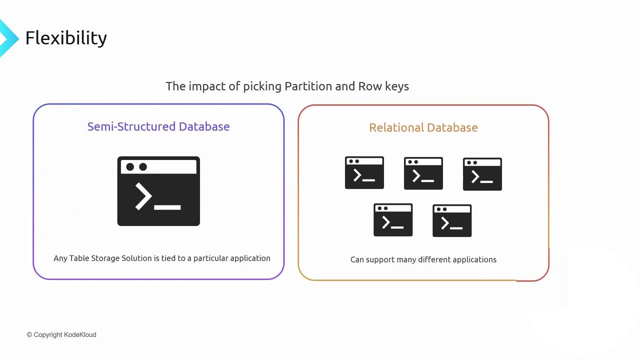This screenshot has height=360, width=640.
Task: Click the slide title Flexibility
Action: (66, 38)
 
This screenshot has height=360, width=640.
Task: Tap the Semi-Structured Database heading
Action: (158, 126)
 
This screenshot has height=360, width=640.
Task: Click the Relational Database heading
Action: (423, 127)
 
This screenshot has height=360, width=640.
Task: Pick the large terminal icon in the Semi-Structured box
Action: (158, 191)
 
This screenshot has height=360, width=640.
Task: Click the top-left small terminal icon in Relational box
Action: (364, 173)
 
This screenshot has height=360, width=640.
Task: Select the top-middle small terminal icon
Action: (423, 173)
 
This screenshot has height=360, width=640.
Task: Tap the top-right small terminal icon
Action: (482, 174)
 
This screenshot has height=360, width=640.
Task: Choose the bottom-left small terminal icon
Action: (393, 220)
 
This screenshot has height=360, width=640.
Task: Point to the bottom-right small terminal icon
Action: (452, 220)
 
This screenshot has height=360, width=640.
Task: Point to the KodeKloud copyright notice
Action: (61, 334)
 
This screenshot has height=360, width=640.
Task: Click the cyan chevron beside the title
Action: (7, 38)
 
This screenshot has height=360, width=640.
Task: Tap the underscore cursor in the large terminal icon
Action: (167, 206)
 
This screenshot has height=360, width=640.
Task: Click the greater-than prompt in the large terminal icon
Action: (143, 196)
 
